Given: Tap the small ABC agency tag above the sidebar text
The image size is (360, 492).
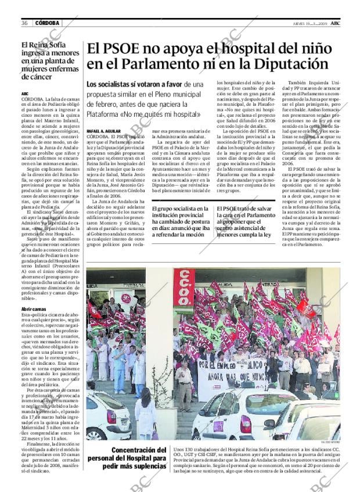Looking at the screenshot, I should click(24, 94).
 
